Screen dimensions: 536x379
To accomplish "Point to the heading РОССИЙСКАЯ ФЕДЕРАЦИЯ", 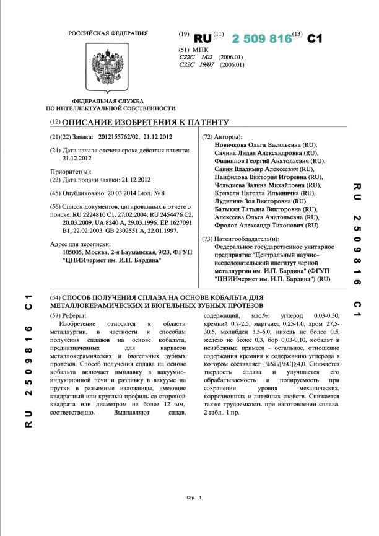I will pos(108,33).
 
